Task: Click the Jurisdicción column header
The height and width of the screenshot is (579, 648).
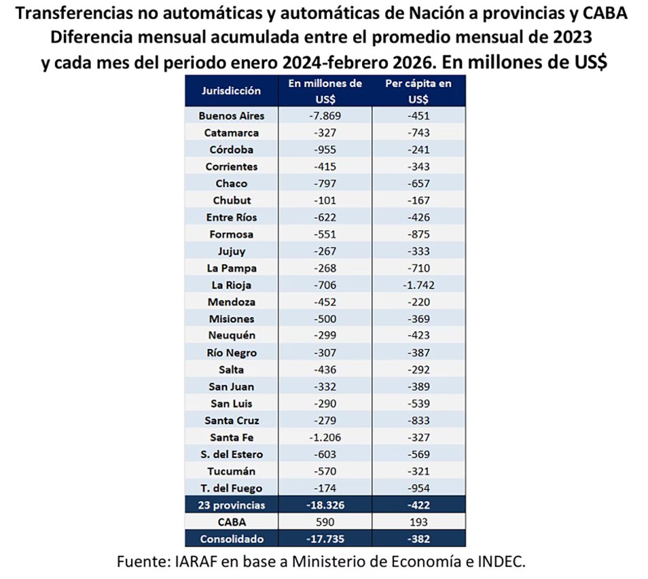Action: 231,90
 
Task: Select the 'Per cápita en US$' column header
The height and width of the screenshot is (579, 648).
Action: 418,90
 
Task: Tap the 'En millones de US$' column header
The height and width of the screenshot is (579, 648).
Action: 325,90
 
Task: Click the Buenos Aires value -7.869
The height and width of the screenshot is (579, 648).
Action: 325,116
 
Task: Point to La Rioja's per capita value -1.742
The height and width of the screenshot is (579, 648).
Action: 418,285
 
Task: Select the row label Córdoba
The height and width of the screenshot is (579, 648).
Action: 231,150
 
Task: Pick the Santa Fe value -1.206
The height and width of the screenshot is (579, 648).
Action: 325,438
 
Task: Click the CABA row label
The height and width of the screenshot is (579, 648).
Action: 231,523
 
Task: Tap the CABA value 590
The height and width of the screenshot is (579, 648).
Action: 325,523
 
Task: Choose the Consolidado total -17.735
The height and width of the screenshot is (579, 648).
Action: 325,540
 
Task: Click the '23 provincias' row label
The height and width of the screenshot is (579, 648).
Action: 231,506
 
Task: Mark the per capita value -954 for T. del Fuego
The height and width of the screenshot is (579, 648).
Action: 418,489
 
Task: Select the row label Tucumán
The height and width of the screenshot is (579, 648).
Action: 231,472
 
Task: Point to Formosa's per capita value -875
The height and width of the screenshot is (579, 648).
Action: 418,235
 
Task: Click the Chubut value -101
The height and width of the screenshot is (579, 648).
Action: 325,201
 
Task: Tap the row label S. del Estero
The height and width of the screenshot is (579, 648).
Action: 231,455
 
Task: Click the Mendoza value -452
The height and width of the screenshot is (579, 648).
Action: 325,302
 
